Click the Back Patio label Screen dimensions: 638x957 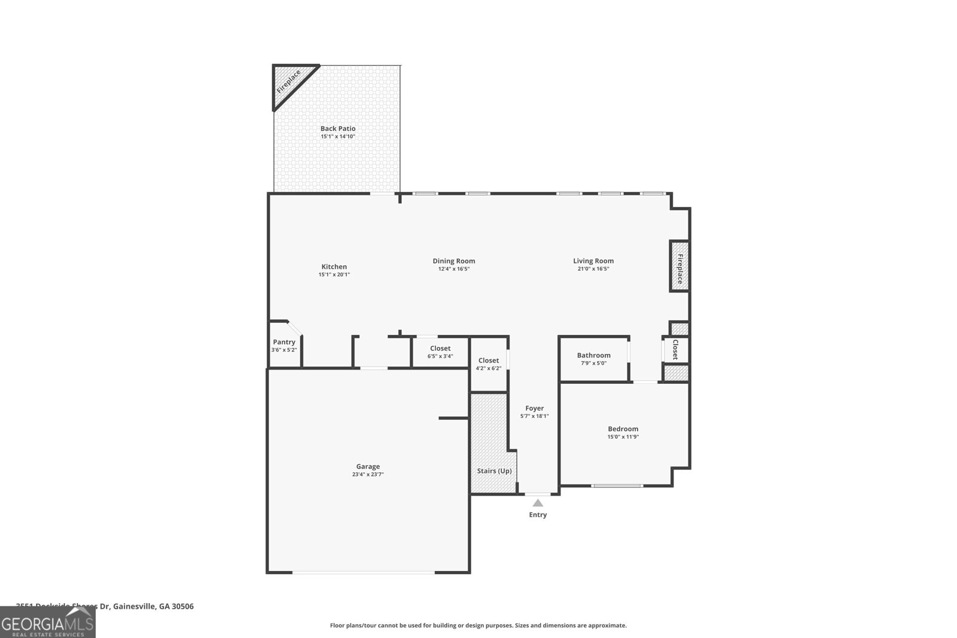coord(338,129)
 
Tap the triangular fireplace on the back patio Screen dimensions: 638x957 coord(289,82)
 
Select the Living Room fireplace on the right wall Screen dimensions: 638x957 coord(679,266)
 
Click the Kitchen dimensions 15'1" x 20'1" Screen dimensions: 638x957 coord(334,275)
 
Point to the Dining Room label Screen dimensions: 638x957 coord(454,261)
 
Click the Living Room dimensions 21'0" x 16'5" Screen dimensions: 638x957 coord(593,269)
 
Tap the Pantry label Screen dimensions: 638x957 coord(284,342)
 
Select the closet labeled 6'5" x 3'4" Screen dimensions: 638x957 coord(440,352)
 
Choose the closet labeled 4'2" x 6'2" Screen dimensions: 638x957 coord(489,364)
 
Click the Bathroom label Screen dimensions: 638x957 coord(593,355)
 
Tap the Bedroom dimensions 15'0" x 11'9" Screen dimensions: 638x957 coord(623,437)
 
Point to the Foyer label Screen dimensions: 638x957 coord(534,408)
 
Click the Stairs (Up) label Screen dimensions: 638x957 coord(494,471)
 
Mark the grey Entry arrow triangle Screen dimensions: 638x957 coord(538,503)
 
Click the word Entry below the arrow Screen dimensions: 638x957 coord(538,515)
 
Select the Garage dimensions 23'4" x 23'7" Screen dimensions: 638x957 coord(368,475)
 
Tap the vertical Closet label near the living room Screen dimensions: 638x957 coord(675,349)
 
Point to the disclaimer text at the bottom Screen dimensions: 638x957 coord(478,625)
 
